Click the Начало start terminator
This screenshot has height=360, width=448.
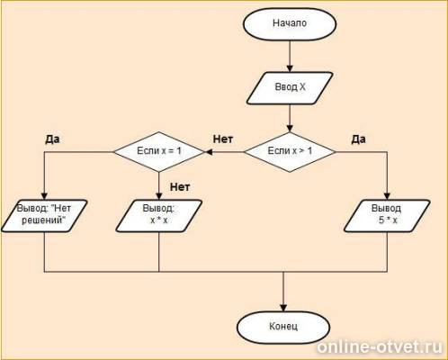tap(290, 24)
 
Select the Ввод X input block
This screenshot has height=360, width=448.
tap(290, 88)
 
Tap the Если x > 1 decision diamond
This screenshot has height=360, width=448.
tap(290, 152)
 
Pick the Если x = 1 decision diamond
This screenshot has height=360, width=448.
tap(159, 152)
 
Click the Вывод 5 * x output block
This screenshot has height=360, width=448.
tap(387, 216)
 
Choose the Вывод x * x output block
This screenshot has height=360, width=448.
tap(159, 216)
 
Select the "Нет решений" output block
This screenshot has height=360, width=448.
tap(44, 216)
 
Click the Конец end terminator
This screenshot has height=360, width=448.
tap(283, 327)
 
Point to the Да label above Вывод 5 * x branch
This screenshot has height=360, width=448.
tap(358, 139)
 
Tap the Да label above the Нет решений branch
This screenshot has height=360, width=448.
tap(52, 139)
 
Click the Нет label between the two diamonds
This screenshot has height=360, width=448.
tap(223, 139)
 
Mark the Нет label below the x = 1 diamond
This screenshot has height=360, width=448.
tap(180, 187)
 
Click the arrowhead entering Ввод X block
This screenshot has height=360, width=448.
tap(290, 68)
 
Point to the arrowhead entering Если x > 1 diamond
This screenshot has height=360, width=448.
tap(290, 129)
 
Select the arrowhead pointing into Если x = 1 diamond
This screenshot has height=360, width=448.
tap(209, 152)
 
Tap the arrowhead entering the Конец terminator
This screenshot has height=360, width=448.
tap(283, 308)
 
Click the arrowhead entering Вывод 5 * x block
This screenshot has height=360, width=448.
tap(387, 196)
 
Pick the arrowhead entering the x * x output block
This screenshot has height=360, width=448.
tap(159, 196)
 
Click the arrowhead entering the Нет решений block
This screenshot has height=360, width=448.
tap(44, 196)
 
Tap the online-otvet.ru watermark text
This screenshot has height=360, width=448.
tap(380, 347)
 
